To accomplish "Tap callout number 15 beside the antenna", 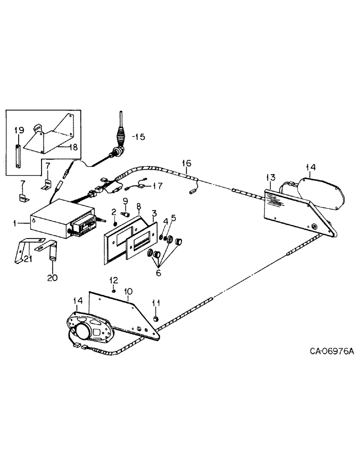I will pyautogui.click(x=139, y=137).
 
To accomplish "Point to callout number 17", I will pyautogui.click(x=158, y=185).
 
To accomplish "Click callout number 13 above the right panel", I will pyautogui.click(x=271, y=177).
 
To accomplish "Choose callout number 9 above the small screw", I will pyautogui.click(x=125, y=200).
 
